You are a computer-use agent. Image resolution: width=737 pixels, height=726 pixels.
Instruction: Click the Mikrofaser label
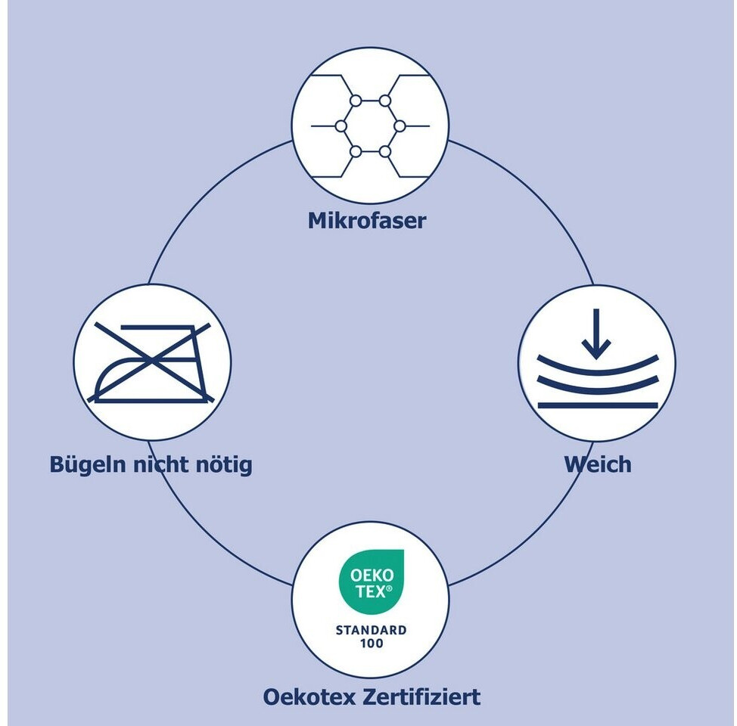pos(367,221)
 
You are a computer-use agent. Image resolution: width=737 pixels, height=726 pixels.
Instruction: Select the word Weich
pos(597,464)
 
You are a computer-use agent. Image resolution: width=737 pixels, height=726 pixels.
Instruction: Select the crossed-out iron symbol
pos(152,361)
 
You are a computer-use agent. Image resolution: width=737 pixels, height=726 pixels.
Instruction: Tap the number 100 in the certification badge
pos(372,644)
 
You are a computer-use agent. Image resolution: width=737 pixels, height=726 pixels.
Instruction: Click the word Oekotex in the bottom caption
pos(310,697)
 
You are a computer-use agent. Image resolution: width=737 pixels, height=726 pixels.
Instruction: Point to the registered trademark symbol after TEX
pos(390,587)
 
